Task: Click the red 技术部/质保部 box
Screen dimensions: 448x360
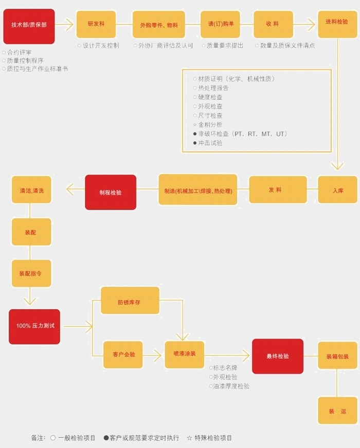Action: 29,26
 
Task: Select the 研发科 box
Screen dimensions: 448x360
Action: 96,24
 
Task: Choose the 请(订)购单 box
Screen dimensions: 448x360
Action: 221,24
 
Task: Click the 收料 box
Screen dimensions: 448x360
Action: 273,24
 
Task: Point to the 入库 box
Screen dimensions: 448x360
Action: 337,190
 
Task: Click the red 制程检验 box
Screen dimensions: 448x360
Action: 111,192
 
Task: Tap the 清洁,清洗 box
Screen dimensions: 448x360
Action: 31,190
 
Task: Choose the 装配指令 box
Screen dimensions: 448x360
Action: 31,273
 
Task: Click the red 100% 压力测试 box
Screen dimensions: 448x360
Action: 34,326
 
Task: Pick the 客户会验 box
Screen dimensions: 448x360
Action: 123,354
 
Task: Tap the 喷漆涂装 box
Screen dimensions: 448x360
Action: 184,354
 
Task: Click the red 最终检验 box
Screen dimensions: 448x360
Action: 278,356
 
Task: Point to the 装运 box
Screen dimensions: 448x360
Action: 337,410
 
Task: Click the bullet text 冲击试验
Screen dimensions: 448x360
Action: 210,143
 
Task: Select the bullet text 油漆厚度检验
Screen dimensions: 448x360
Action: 231,386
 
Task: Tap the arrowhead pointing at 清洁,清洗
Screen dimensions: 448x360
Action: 70,190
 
